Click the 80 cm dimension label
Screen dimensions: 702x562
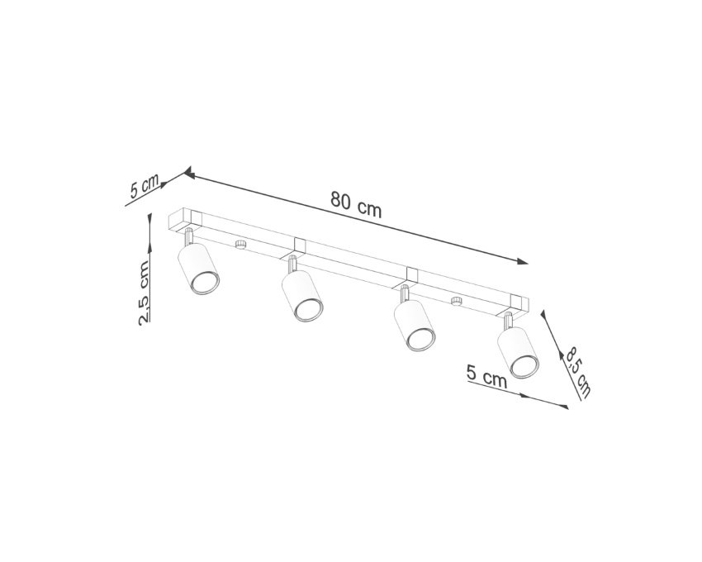[356, 204]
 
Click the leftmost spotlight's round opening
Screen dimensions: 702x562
[205, 283]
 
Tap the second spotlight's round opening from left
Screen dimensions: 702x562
[309, 310]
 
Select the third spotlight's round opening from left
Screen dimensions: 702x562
[421, 339]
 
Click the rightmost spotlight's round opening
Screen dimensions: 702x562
[524, 365]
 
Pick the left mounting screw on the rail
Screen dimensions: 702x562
[241, 245]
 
